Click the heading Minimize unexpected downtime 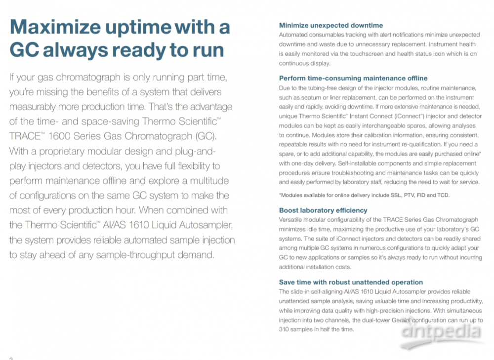point(330,25)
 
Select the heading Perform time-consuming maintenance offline point(353,78)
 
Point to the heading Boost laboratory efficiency point(323,210)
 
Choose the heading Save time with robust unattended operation point(351,282)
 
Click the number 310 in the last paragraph point(284,329)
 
